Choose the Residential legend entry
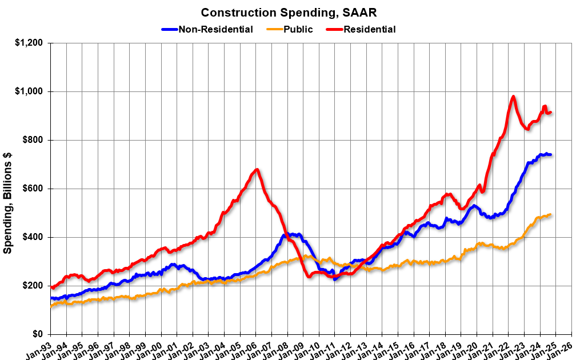pos(369,29)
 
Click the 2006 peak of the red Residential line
pos(257,169)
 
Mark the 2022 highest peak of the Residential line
pos(513,97)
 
